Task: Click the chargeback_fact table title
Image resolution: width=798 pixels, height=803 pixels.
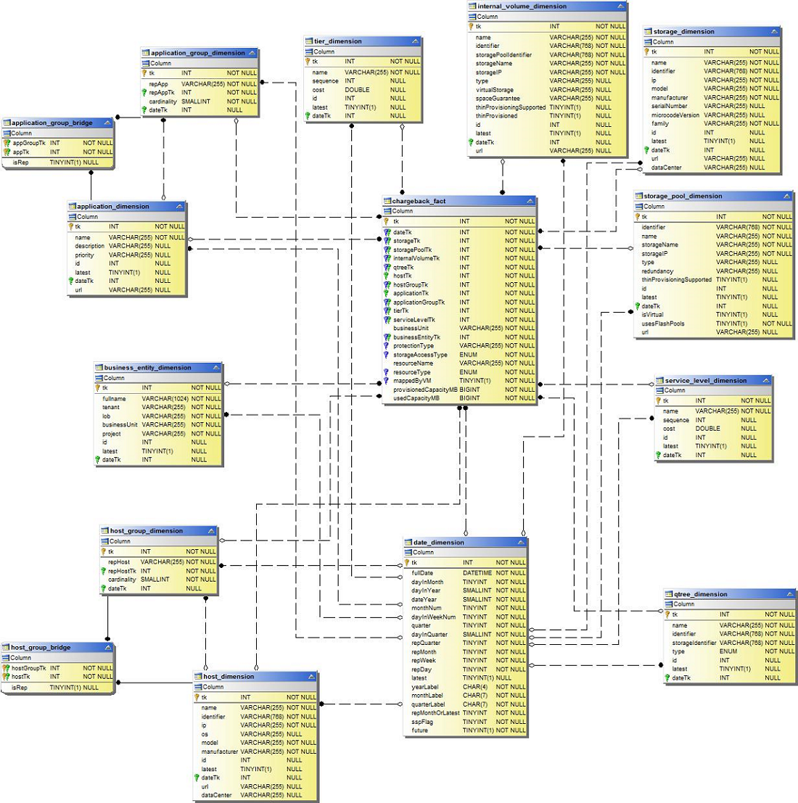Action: (x=419, y=201)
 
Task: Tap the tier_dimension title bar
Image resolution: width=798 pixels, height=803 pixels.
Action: (x=337, y=41)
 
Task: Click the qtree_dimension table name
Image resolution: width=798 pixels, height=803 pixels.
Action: (x=700, y=594)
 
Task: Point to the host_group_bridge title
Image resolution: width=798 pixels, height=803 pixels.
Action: (x=41, y=647)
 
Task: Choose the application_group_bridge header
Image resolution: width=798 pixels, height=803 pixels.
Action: (x=52, y=123)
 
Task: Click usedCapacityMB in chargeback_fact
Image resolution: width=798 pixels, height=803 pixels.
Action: (x=416, y=398)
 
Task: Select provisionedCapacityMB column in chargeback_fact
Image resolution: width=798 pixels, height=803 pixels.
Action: (x=425, y=390)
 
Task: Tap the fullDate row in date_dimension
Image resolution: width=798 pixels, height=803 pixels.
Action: (x=422, y=573)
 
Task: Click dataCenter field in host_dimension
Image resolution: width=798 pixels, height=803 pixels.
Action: (x=217, y=795)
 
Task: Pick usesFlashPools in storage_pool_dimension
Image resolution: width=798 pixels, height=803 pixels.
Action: (x=663, y=324)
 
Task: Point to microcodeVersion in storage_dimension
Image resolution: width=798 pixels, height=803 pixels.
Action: (x=675, y=115)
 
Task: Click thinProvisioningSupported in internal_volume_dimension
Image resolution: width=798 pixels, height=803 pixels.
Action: (x=511, y=107)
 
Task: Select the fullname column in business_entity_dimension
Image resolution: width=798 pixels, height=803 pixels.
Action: (x=115, y=399)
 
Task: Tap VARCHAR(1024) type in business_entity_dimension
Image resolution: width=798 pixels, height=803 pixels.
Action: (x=165, y=399)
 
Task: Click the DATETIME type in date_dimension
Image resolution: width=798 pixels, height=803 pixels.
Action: (x=477, y=573)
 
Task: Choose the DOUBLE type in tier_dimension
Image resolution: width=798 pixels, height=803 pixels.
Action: (x=357, y=90)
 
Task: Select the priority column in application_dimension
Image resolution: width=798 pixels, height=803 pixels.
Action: (x=85, y=255)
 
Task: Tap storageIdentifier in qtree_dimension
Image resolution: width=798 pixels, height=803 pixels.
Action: (x=694, y=643)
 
